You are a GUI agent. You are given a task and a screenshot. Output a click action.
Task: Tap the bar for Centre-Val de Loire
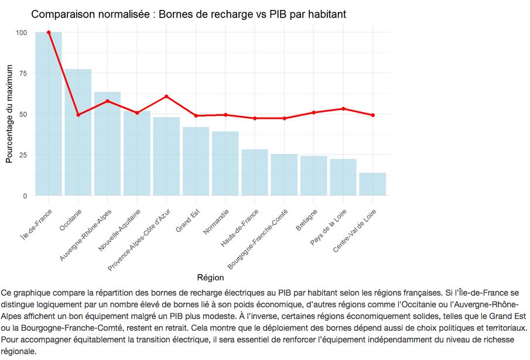click(x=372, y=184)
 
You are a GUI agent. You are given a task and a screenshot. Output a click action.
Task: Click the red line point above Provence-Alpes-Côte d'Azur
click(x=166, y=96)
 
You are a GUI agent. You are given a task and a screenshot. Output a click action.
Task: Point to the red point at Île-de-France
click(x=49, y=32)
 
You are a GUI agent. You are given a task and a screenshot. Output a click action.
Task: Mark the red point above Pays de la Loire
click(x=343, y=109)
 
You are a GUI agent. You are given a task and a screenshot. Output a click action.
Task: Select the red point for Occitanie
click(x=78, y=115)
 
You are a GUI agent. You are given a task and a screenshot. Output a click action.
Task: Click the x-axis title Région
click(x=210, y=277)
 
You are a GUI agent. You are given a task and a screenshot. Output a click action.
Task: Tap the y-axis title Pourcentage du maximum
click(x=9, y=114)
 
